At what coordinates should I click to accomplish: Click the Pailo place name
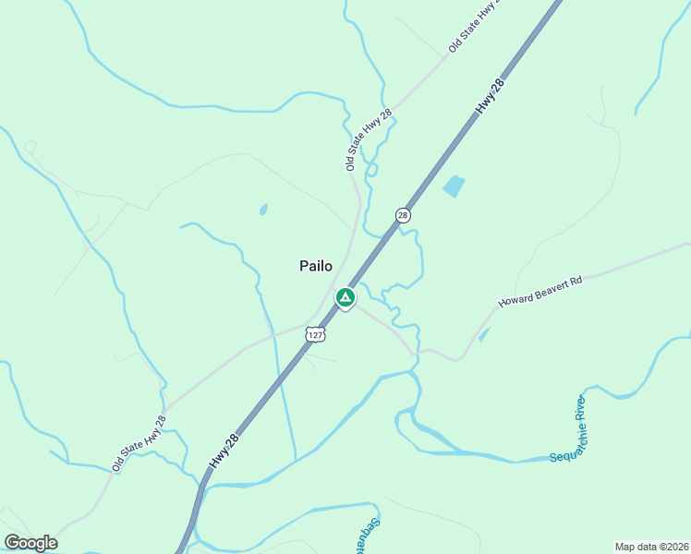[x=316, y=266]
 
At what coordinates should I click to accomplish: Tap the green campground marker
[x=345, y=297]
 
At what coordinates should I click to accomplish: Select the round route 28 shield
[x=403, y=215]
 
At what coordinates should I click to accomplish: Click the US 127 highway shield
[x=317, y=334]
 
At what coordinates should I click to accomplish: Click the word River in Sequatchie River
[x=580, y=415]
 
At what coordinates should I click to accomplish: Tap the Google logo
[x=30, y=543]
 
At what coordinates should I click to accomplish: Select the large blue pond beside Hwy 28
[x=454, y=187]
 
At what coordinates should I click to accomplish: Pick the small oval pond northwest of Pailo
[x=263, y=211]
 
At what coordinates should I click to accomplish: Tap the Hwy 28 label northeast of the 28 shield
[x=491, y=97]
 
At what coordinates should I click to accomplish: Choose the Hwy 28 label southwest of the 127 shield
[x=225, y=450]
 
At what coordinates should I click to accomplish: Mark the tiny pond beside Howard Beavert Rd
[x=484, y=335]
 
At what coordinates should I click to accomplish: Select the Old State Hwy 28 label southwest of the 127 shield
[x=139, y=444]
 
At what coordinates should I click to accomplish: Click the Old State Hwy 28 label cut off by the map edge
[x=474, y=26]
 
